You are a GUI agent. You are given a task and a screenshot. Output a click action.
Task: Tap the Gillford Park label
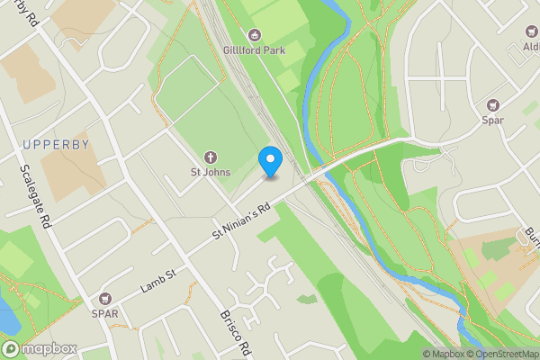click(x=254, y=50)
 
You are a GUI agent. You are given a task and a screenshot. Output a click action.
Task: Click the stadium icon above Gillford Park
click(x=254, y=35)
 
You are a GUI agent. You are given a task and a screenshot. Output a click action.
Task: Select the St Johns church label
click(x=210, y=172)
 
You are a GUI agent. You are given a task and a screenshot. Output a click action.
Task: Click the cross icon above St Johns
click(x=210, y=157)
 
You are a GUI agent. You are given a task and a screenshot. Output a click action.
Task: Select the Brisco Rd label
click(x=232, y=336)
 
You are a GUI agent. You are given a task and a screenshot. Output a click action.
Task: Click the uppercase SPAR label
click(x=104, y=314)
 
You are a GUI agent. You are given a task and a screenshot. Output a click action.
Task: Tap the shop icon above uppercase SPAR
click(x=104, y=299)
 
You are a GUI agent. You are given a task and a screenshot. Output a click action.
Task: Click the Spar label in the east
click(x=493, y=120)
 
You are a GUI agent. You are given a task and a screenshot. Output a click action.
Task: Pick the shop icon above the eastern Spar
click(x=493, y=104)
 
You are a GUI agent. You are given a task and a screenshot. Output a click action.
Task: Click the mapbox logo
click(x=39, y=348)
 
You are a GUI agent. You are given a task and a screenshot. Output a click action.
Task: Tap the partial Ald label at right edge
click(x=530, y=46)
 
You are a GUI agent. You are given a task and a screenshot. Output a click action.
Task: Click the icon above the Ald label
click(x=532, y=31)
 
